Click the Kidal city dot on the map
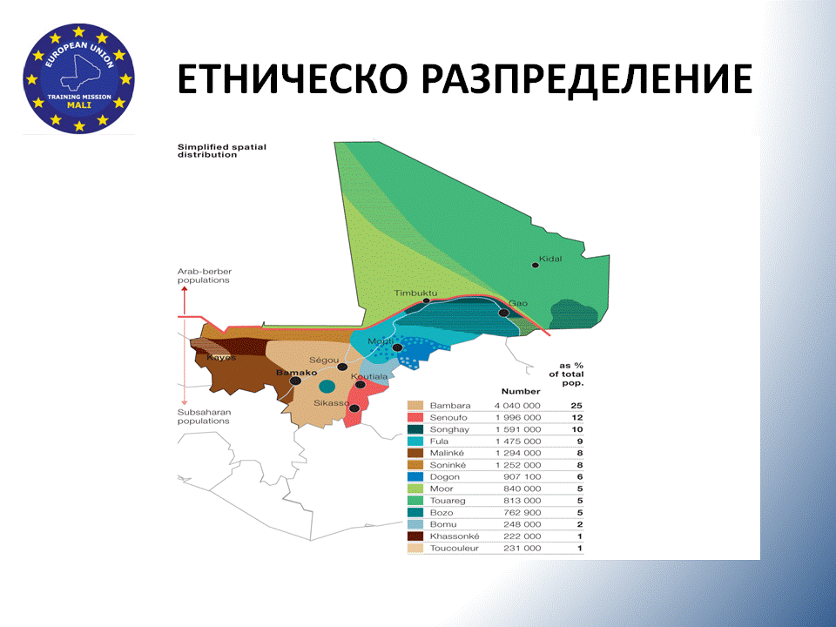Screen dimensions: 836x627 click(536, 265)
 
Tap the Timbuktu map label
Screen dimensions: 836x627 click(415, 293)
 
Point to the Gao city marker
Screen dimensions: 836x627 click(503, 313)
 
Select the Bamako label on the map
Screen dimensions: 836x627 click(296, 373)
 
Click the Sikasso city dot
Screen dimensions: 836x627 click(354, 408)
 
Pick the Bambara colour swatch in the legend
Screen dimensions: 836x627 click(415, 406)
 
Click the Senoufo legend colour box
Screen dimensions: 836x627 click(415, 417)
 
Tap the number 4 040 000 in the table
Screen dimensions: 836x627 click(517, 406)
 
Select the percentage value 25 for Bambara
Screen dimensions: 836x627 click(576, 406)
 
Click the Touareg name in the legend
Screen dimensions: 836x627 click(448, 501)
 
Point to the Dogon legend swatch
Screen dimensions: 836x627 click(415, 476)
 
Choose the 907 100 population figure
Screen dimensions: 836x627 click(522, 476)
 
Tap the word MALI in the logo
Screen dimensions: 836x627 click(79, 105)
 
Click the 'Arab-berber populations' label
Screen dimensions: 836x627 click(204, 276)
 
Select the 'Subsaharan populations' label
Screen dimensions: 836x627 click(204, 416)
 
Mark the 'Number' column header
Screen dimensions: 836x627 click(521, 391)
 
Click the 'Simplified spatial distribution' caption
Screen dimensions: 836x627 click(222, 151)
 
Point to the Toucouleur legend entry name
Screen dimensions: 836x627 click(455, 548)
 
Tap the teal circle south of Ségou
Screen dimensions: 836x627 click(327, 386)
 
